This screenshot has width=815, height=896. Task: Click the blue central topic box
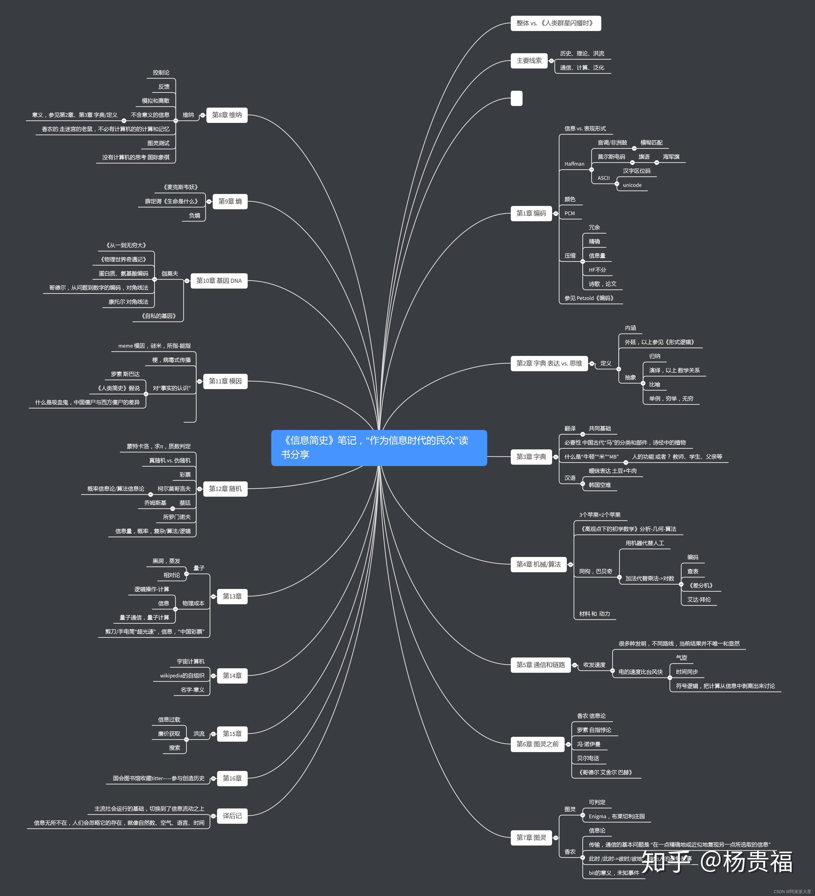[379, 448]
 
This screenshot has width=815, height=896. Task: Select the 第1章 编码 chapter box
[531, 213]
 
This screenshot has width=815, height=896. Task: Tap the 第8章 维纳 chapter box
[227, 115]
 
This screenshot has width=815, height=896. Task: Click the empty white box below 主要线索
[516, 98]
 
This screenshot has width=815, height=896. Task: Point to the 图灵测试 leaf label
[158, 143]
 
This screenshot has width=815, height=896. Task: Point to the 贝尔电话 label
[588, 758]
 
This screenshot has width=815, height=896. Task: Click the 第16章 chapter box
[232, 778]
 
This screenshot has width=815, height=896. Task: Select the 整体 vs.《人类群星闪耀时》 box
[555, 23]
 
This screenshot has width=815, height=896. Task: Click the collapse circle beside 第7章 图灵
[555, 838]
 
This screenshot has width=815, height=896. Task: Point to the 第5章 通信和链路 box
[540, 665]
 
